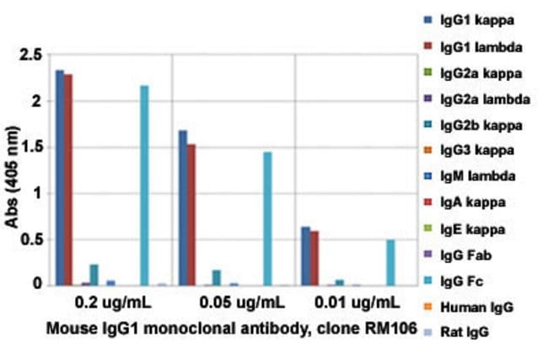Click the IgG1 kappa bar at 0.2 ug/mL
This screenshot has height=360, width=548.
point(60,178)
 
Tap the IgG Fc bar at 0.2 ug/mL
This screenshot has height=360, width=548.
point(145,185)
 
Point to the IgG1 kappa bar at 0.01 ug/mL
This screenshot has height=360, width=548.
point(305,255)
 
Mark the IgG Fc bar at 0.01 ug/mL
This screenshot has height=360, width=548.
point(390,263)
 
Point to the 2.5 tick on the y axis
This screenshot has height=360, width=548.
point(35,56)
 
